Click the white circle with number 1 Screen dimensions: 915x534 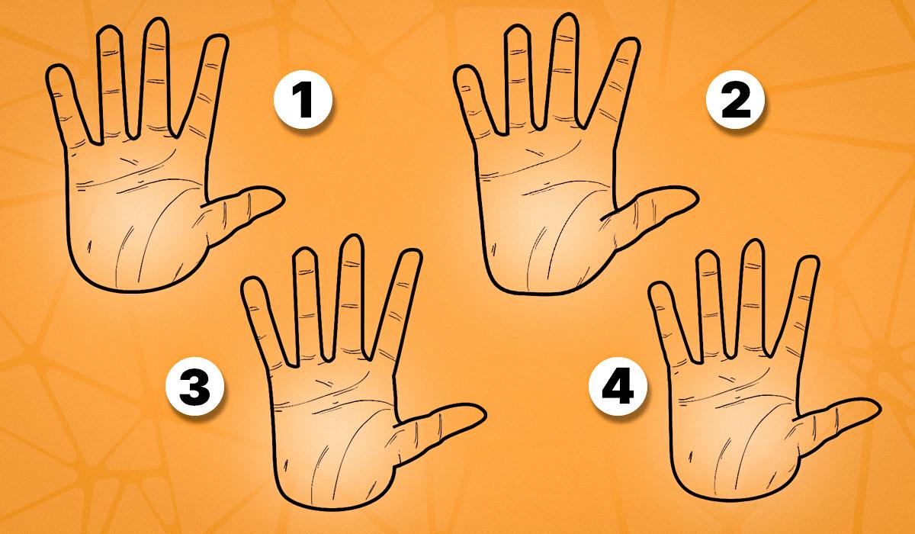303,100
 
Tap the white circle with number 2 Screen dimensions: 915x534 735,100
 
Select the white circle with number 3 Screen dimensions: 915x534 195,387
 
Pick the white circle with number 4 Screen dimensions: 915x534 618,387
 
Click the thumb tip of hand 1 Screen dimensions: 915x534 284,199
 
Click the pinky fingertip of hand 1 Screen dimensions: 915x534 56,66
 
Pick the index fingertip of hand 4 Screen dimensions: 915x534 809,257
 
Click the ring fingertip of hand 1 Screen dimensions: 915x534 110,27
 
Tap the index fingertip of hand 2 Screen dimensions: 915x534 629,39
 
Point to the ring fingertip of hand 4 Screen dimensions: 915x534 708,251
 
